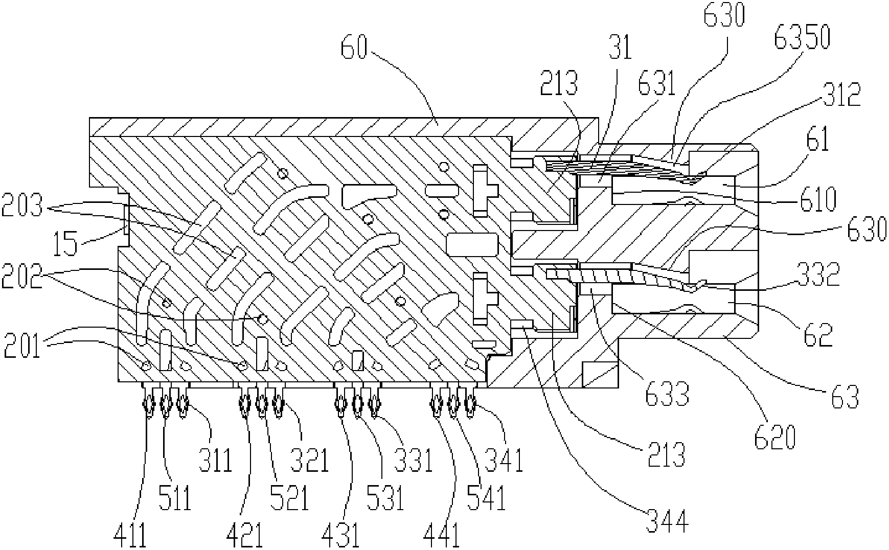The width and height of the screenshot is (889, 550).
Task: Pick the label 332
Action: (x=822, y=275)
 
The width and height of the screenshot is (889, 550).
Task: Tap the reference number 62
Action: (x=817, y=333)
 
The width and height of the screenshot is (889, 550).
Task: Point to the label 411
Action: (x=131, y=534)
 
